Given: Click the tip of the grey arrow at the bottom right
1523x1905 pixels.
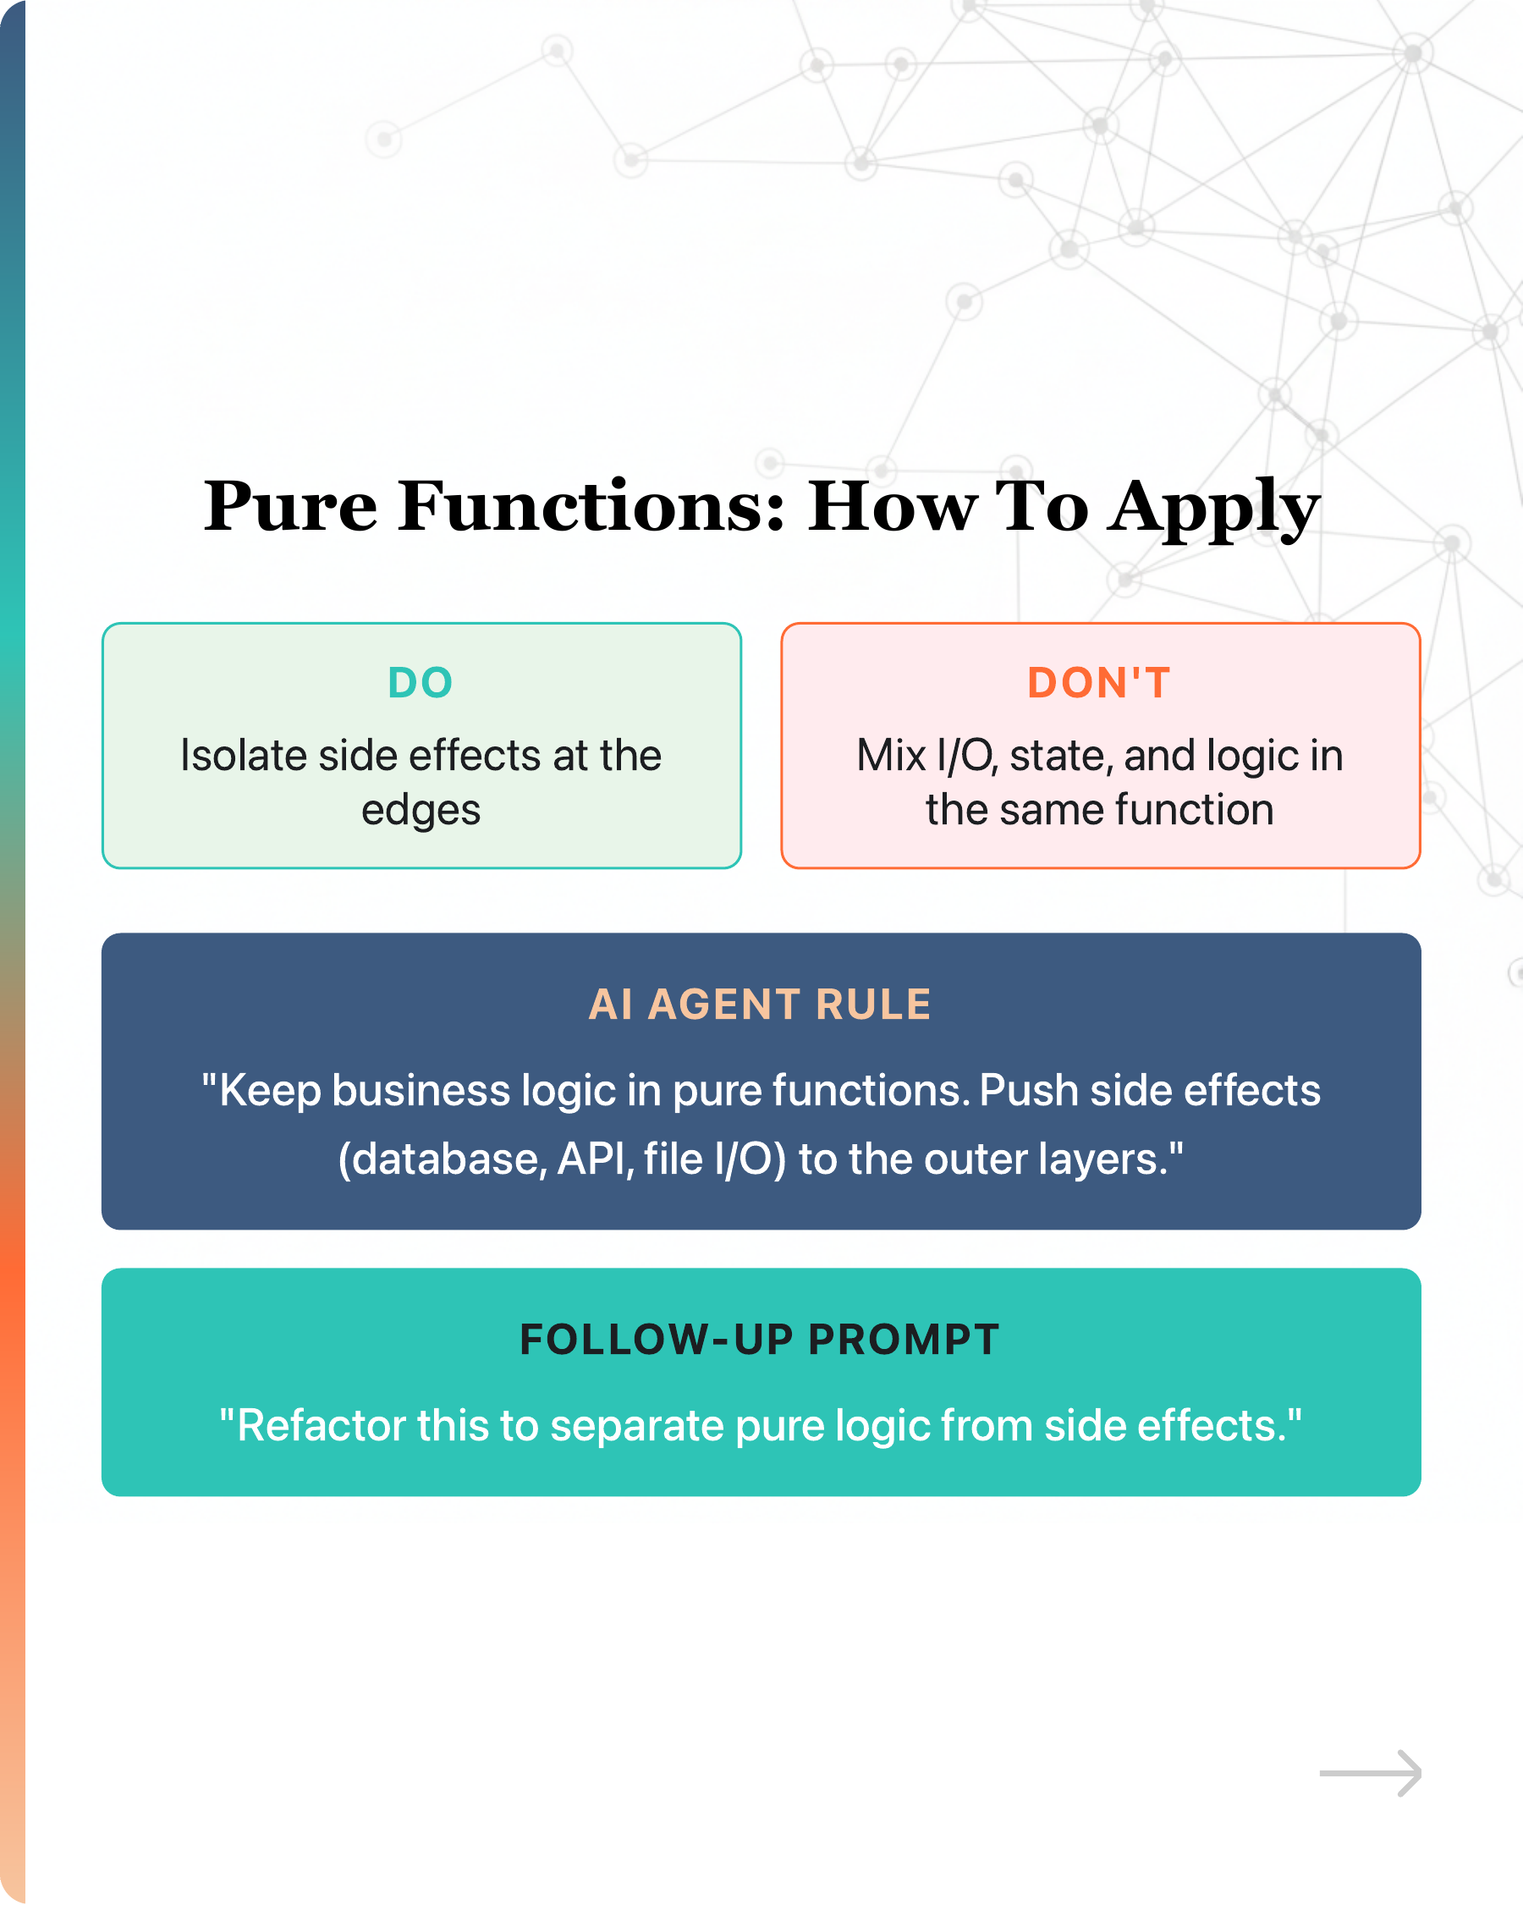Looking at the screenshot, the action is tap(1421, 1773).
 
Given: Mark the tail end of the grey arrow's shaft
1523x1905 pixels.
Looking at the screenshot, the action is tap(1320, 1773).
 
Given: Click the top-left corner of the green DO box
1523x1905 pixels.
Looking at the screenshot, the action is tap(102, 623).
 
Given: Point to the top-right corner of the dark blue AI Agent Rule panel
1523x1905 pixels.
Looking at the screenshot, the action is tap(1421, 934).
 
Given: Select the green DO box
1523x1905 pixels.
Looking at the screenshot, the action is tap(421, 746).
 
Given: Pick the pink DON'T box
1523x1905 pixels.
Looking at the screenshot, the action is tap(1101, 746).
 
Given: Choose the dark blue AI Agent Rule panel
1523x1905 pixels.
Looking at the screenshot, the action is tap(761, 1082).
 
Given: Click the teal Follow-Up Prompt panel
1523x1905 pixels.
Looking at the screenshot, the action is tap(761, 1382).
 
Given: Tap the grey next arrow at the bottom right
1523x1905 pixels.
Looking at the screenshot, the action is tap(1370, 1773).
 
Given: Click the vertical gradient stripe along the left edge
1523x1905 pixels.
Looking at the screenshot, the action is tap(13, 953).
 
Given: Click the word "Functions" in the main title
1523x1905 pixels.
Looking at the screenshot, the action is tap(591, 506).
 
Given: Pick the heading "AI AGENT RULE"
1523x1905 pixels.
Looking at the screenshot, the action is tap(761, 1005).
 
